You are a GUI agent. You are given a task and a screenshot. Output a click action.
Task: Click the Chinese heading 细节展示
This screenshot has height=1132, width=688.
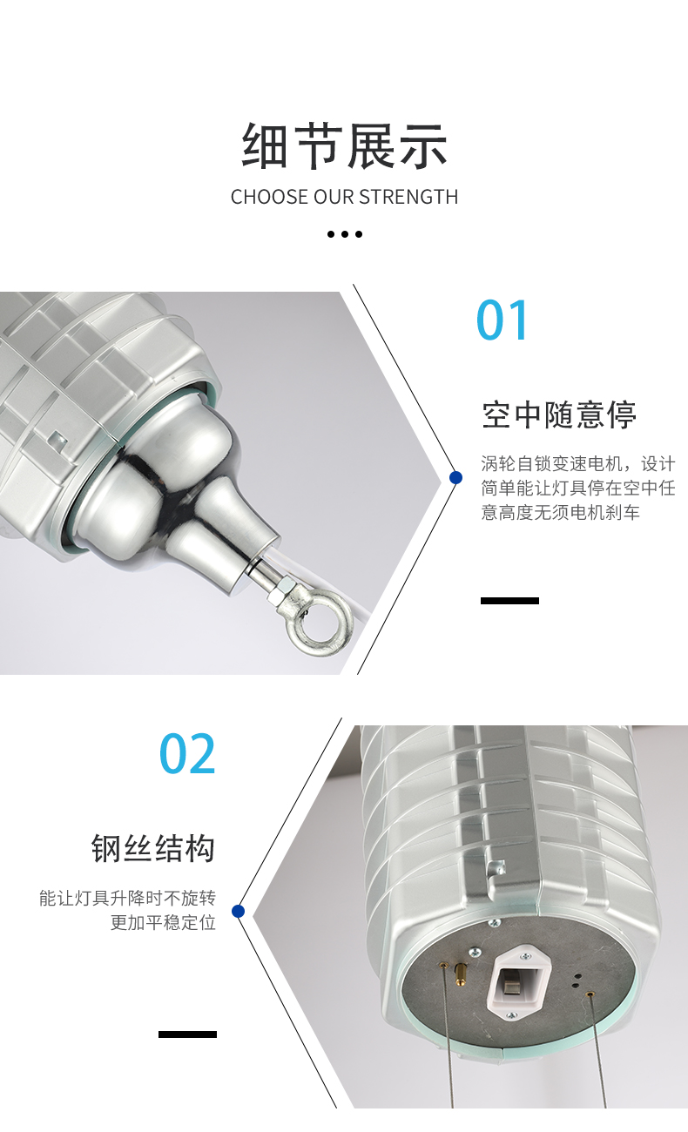(x=344, y=145)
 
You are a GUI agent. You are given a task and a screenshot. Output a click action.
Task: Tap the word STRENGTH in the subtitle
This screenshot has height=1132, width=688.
(x=408, y=197)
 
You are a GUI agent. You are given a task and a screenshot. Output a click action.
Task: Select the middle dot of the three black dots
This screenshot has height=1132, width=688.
(x=345, y=234)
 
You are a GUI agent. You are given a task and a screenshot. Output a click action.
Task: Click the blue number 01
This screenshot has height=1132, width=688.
(x=503, y=320)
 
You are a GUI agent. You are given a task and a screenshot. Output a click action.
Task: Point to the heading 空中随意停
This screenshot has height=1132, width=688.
(x=558, y=414)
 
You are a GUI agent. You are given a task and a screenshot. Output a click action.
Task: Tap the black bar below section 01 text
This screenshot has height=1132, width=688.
(x=509, y=600)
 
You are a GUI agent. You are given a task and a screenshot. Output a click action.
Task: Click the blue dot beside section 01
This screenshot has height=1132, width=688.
(x=455, y=477)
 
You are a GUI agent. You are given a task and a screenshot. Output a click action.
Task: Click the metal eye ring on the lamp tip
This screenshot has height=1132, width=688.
(x=319, y=624)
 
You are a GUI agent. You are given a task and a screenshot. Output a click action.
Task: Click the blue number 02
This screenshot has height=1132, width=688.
(x=187, y=753)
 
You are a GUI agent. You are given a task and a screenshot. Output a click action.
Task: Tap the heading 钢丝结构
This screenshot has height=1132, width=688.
(x=153, y=848)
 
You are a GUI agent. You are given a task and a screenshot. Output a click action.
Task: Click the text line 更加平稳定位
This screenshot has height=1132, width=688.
(x=163, y=922)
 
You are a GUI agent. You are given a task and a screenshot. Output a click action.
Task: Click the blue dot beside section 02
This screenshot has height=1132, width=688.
(x=238, y=911)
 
